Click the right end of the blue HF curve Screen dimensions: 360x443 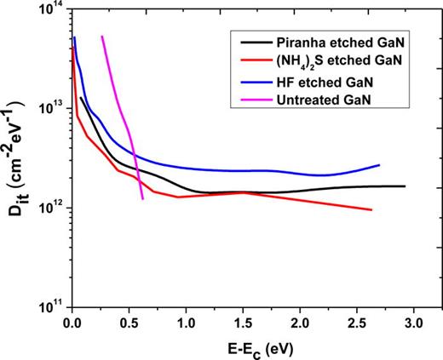tap(378, 164)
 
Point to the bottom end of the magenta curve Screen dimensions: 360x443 tap(141, 198)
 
